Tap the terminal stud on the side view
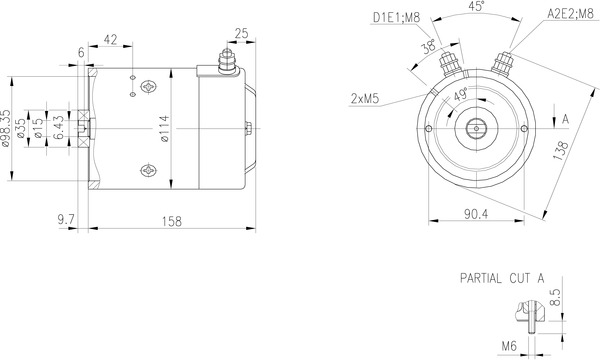pyautogui.click(x=226, y=66)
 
